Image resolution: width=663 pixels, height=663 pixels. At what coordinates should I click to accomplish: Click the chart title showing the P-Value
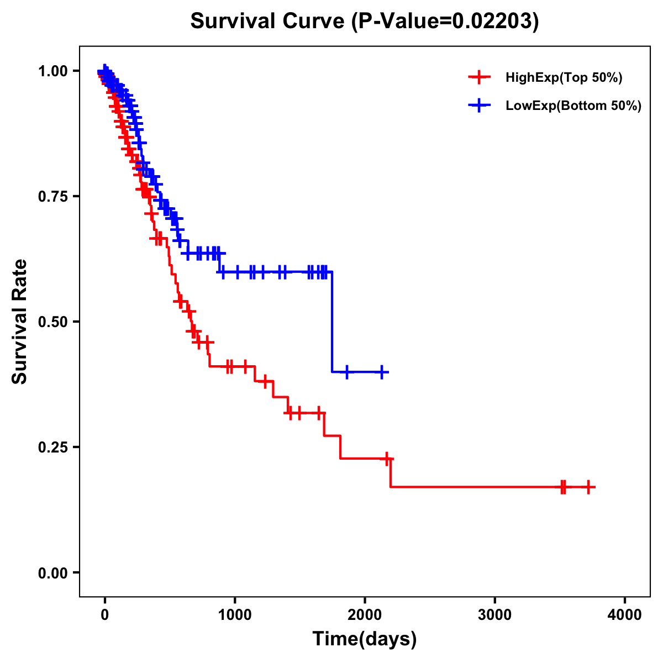[x=364, y=22]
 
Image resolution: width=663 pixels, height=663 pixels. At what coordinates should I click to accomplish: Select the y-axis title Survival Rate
[x=20, y=321]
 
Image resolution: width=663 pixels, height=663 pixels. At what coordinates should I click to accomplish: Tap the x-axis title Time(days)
[x=364, y=639]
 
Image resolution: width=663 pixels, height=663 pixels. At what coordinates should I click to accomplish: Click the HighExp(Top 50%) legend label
[x=564, y=78]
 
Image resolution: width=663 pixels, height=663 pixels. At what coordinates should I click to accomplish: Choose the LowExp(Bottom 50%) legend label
[x=573, y=106]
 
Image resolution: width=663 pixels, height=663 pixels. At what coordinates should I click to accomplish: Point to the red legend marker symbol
[x=479, y=77]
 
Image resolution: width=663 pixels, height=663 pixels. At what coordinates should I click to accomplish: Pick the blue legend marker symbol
[x=479, y=106]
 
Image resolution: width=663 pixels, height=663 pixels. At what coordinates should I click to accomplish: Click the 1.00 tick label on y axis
[x=52, y=71]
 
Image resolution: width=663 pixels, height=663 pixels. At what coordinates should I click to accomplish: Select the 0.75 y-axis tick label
[x=52, y=196]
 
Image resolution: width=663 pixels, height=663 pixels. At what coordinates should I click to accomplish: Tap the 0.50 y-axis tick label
[x=52, y=322]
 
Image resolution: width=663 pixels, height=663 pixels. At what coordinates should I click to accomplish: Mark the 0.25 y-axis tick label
[x=52, y=447]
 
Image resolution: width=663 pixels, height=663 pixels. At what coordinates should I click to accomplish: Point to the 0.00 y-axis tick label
[x=52, y=573]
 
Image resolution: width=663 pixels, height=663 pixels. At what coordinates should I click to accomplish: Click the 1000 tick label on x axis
[x=235, y=614]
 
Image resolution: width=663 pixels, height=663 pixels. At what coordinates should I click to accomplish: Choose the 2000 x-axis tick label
[x=365, y=614]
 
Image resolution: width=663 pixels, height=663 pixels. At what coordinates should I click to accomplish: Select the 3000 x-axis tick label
[x=494, y=614]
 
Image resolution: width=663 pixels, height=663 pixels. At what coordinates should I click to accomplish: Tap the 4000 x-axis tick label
[x=625, y=614]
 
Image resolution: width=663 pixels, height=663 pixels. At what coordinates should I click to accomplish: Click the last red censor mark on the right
[x=588, y=487]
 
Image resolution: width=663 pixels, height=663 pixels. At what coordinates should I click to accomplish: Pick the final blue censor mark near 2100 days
[x=381, y=372]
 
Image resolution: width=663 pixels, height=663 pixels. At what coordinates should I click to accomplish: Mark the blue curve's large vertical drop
[x=332, y=322]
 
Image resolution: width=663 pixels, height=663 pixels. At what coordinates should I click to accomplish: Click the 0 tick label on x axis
[x=105, y=614]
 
